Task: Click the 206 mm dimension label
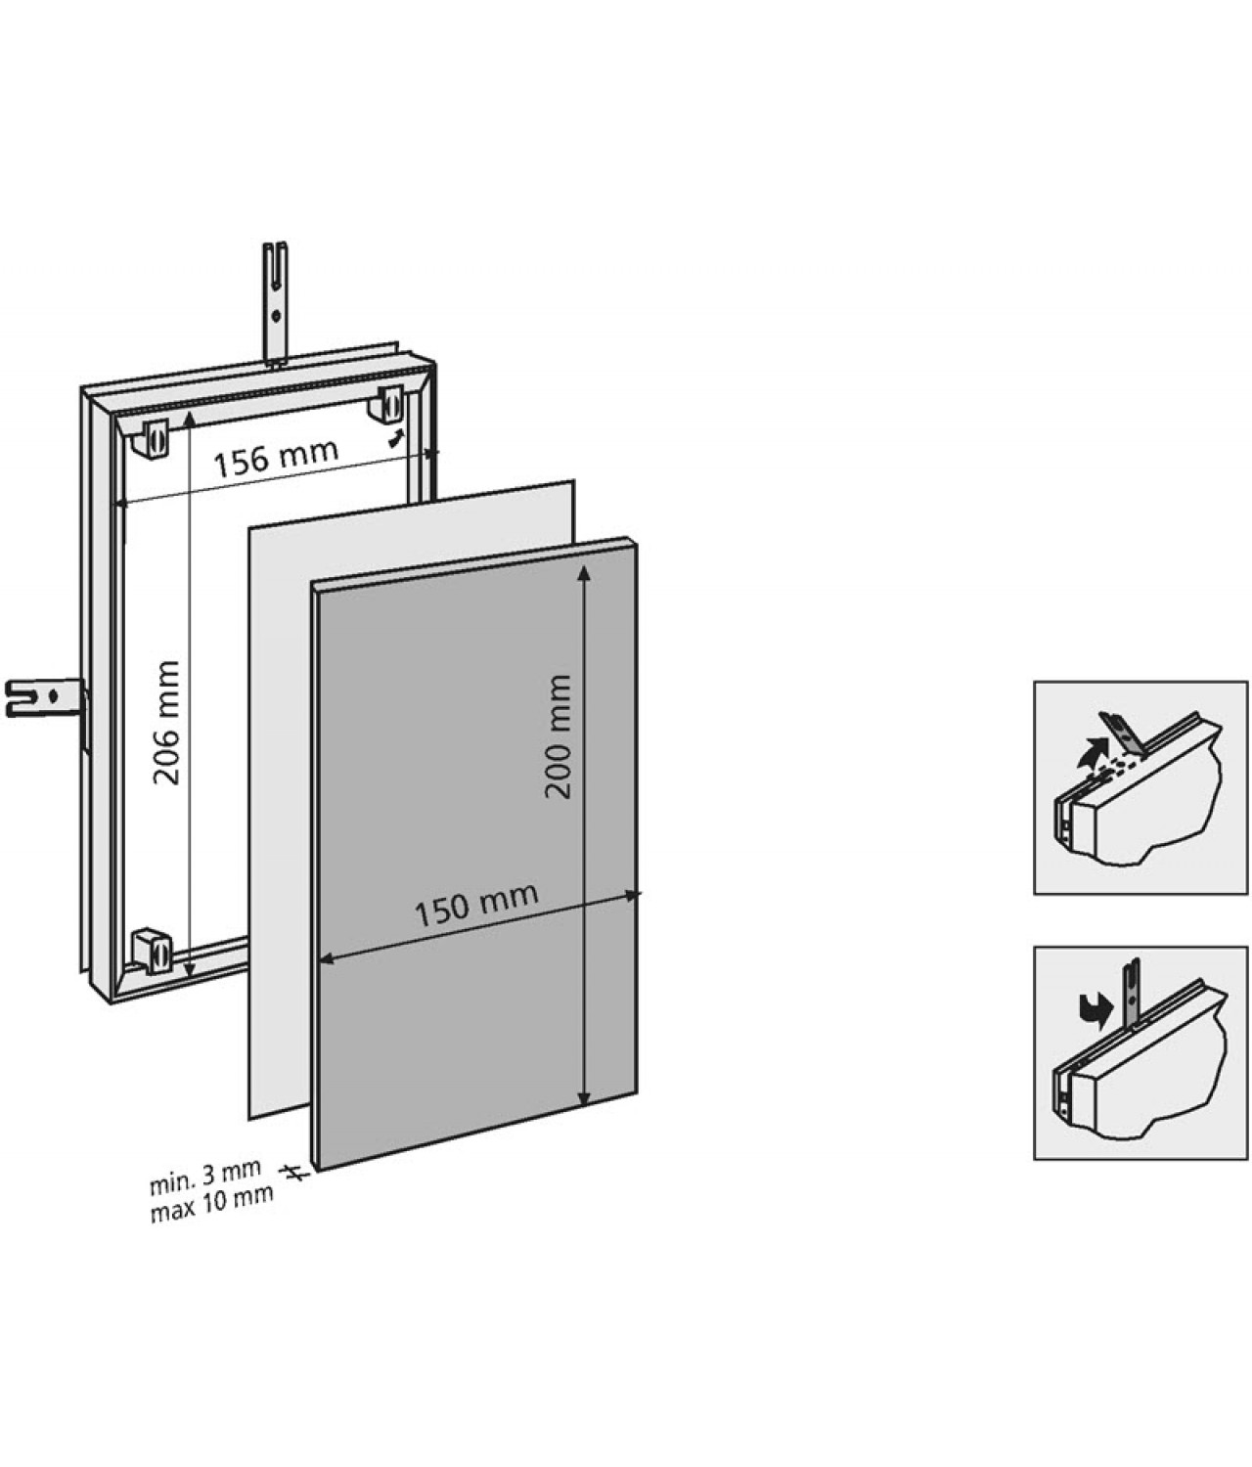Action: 168,722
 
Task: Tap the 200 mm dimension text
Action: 559,735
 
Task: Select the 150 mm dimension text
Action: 476,906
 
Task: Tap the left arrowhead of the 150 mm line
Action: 327,961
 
